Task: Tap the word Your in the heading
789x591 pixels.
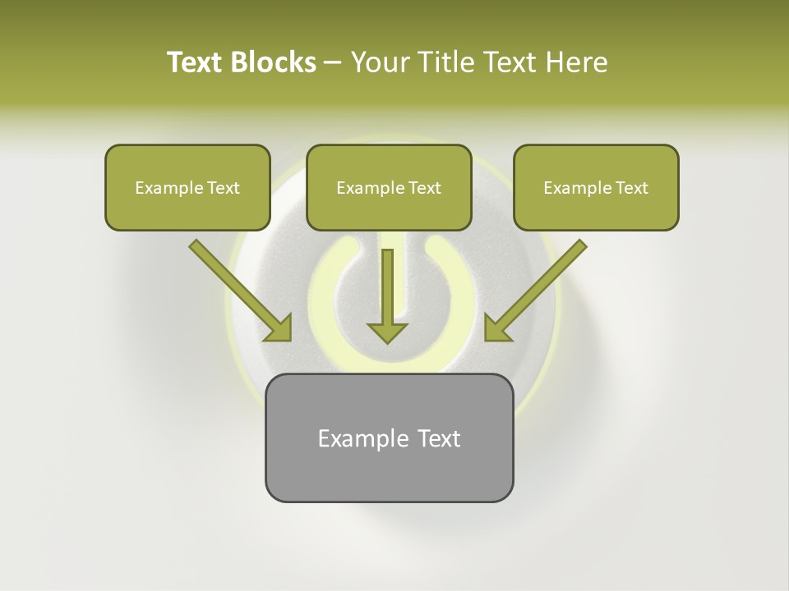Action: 378,62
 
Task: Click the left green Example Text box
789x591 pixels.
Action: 187,187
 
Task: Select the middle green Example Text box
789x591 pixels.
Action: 389,187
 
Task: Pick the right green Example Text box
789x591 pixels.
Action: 596,187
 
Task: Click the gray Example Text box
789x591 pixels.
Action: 389,438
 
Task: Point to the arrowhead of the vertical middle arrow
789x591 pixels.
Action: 387,331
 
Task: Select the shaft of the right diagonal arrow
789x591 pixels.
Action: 547,279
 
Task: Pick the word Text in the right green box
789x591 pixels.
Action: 631,188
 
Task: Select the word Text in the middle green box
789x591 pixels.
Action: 424,188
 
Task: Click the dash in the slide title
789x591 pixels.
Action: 333,62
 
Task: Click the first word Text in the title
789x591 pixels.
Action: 196,62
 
